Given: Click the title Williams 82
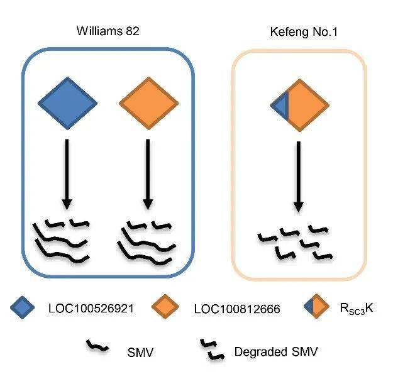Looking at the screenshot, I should click(x=108, y=31).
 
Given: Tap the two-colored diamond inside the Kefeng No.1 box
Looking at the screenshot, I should click(x=299, y=104).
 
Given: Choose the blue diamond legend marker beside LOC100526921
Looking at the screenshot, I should click(x=23, y=308).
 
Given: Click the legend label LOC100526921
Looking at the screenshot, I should click(x=91, y=309).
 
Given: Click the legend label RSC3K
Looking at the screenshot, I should click(x=357, y=309).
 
